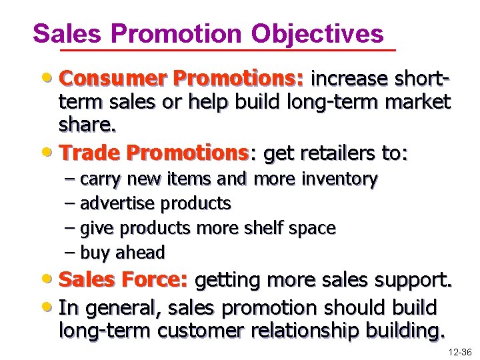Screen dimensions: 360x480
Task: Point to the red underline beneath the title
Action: click(227, 51)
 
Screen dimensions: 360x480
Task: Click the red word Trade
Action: click(88, 153)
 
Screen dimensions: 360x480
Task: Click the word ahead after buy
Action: click(141, 253)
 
